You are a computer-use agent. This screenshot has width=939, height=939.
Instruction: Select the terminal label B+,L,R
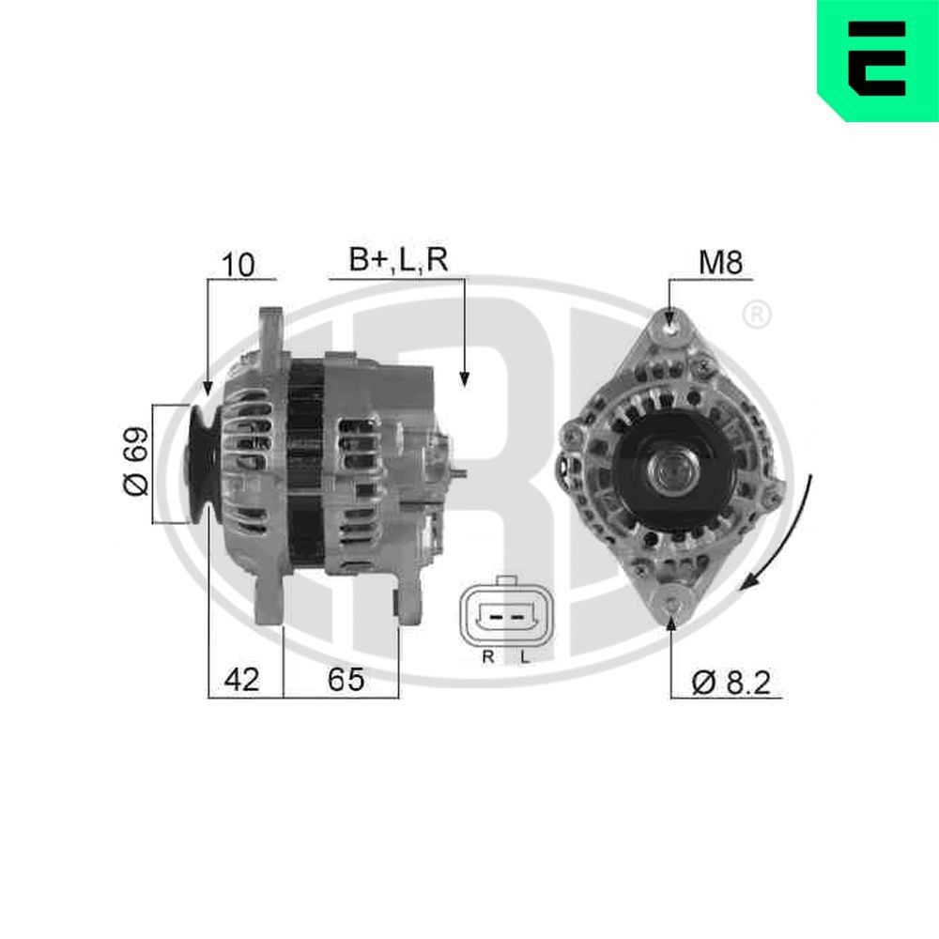[x=399, y=261]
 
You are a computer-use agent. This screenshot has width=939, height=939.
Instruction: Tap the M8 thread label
[x=720, y=263]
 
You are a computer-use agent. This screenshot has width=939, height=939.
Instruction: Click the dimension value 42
[x=241, y=679]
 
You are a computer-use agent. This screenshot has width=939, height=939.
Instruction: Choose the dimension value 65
[x=345, y=679]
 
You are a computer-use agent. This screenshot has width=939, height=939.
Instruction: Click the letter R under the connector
[x=487, y=657]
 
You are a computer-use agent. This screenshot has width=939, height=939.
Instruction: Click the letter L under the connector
[x=525, y=657]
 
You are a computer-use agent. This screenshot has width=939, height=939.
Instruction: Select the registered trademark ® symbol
[x=757, y=316]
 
